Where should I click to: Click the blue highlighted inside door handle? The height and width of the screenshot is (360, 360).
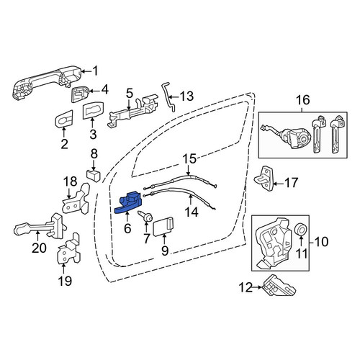pyautogui.click(x=129, y=203)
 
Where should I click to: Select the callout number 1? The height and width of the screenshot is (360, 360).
pyautogui.click(x=95, y=71)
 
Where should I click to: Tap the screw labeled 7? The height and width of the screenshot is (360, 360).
pyautogui.click(x=145, y=215)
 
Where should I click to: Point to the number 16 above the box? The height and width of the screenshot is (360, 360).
pyautogui.click(x=303, y=100)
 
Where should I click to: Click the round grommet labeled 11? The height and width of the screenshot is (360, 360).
pyautogui.click(x=301, y=230)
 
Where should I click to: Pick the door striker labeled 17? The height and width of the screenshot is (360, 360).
pyautogui.click(x=264, y=179)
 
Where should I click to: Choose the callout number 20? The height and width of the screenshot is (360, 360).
pyautogui.click(x=40, y=248)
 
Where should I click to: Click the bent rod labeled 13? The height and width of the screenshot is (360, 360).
pyautogui.click(x=169, y=96)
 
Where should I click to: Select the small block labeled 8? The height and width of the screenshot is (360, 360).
pyautogui.click(x=93, y=176)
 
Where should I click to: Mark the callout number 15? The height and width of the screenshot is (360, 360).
pyautogui.click(x=189, y=158)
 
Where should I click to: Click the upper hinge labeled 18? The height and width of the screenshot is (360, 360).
pyautogui.click(x=76, y=199)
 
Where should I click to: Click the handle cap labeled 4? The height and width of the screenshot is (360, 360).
pyautogui.click(x=80, y=94)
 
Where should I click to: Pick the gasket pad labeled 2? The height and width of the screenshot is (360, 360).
pyautogui.click(x=64, y=119)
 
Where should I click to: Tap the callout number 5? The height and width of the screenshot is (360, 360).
pyautogui.click(x=130, y=94)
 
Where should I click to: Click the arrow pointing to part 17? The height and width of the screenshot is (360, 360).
pyautogui.click(x=279, y=184)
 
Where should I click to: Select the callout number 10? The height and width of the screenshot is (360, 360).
pyautogui.click(x=321, y=242)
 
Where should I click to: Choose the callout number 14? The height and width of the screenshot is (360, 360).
pyautogui.click(x=192, y=212)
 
